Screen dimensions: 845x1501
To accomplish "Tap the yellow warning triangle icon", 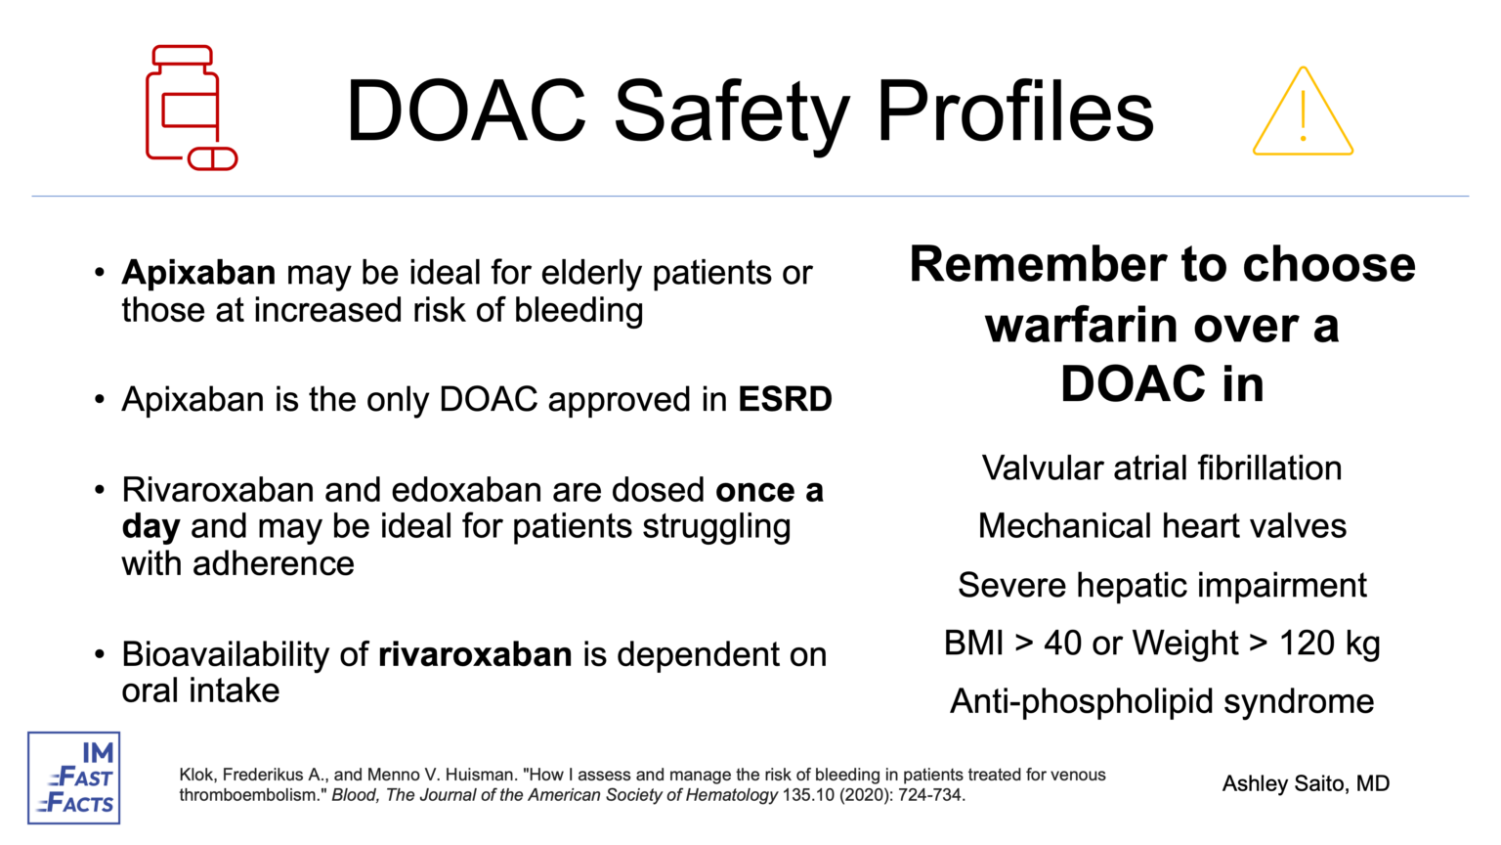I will click(1303, 112).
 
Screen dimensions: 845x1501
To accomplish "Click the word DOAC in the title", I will click(466, 111).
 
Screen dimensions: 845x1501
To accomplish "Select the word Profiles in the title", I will click(1015, 111).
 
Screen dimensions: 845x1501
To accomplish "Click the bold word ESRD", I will click(785, 400).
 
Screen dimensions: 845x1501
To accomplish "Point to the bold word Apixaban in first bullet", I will click(198, 273).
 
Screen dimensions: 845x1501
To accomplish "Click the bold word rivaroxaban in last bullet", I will click(475, 654).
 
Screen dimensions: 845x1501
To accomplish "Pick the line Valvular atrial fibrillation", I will click(1161, 468).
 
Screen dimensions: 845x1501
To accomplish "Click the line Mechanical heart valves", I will click(1161, 526).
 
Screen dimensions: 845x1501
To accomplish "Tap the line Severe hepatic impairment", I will click(1161, 585).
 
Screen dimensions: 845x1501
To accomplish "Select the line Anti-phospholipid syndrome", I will click(1161, 701).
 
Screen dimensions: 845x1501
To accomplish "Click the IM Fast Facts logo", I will click(74, 778).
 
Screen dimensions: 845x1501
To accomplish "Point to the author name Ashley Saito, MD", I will click(1306, 783).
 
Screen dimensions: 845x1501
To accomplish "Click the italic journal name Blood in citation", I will click(353, 795).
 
